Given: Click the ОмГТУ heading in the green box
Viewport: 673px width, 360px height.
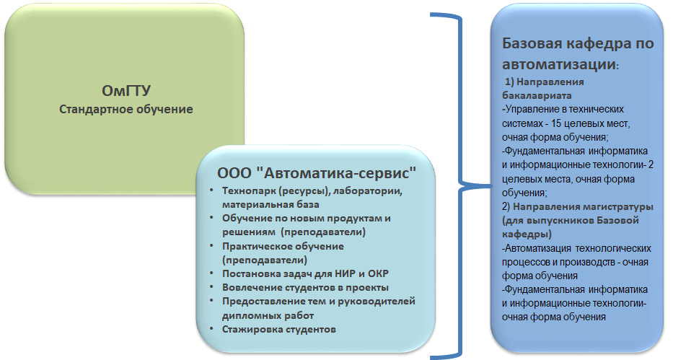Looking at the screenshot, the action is [126, 91].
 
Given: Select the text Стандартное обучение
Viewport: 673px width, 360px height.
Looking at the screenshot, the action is [126, 110].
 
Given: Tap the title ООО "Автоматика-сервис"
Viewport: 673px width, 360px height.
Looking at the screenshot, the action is [317, 173].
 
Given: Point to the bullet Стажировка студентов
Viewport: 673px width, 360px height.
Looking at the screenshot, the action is [279, 330].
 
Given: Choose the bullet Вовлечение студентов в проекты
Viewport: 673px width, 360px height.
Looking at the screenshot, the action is [305, 287].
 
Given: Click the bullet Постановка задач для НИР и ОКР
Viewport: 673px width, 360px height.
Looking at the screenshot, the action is [305, 273].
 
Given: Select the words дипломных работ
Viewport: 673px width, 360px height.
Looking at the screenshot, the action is [268, 316].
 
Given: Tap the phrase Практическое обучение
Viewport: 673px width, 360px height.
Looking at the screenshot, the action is [283, 247].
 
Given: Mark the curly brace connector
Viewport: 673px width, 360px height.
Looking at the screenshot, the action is [460, 186].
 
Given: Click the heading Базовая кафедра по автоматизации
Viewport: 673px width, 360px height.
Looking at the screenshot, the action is [578, 53].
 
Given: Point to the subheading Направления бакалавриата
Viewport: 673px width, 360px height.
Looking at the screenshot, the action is [543, 89].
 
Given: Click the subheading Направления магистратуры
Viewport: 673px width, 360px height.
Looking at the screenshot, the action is [583, 207].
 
